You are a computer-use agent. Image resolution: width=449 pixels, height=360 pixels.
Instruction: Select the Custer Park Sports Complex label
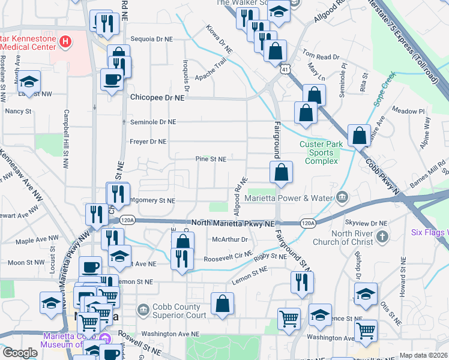click(x=320, y=152)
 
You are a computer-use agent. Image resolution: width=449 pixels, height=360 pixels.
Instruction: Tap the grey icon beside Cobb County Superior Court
click(x=143, y=310)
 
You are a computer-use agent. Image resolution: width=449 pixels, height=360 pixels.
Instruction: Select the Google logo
click(x=19, y=353)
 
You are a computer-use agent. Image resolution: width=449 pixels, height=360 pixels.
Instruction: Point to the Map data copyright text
click(x=423, y=355)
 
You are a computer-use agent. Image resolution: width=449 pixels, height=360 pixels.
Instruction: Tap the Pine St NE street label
click(x=210, y=160)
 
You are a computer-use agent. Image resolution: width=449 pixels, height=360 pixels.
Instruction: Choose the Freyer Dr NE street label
click(x=148, y=142)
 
